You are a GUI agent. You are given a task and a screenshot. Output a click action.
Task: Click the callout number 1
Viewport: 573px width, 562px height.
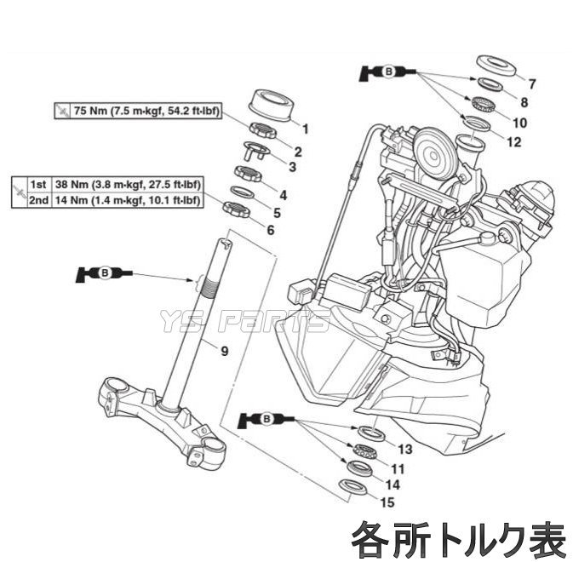306,130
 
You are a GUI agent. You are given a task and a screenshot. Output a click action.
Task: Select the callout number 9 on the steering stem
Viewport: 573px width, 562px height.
225,350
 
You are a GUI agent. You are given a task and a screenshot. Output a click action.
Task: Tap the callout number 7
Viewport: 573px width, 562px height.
532,83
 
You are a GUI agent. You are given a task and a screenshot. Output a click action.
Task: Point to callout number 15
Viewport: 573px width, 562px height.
388,502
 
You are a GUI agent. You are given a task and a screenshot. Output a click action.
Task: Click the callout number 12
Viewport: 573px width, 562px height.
513,141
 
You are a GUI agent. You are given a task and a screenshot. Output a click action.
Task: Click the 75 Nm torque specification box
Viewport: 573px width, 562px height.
136,111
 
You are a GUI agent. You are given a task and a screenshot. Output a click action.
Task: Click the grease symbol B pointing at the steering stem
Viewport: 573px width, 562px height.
104,273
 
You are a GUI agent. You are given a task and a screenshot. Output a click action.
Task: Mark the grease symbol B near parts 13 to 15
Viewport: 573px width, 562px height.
266,418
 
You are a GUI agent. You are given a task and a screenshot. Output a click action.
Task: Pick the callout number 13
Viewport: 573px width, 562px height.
404,449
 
